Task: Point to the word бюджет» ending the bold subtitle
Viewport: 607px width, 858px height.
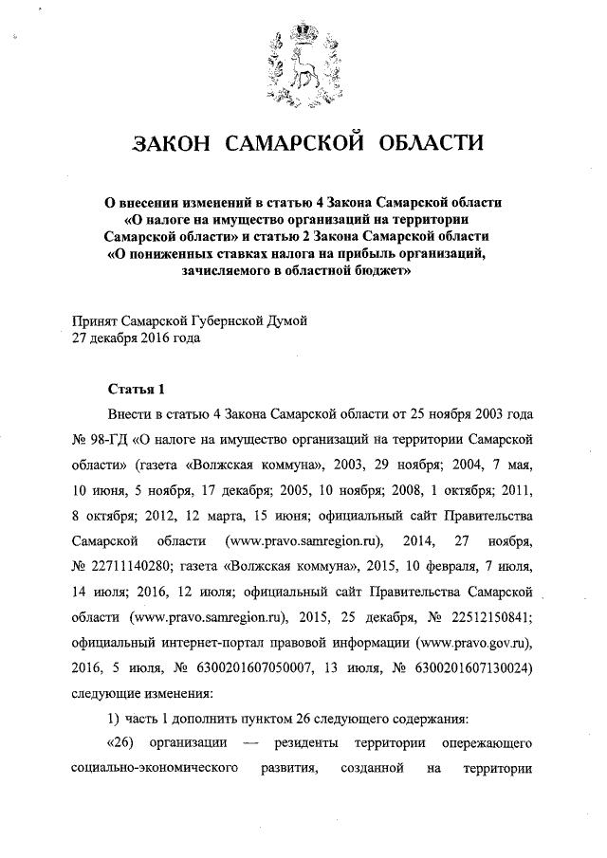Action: [x=380, y=269]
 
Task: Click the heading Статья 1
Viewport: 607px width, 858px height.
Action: [x=136, y=390]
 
